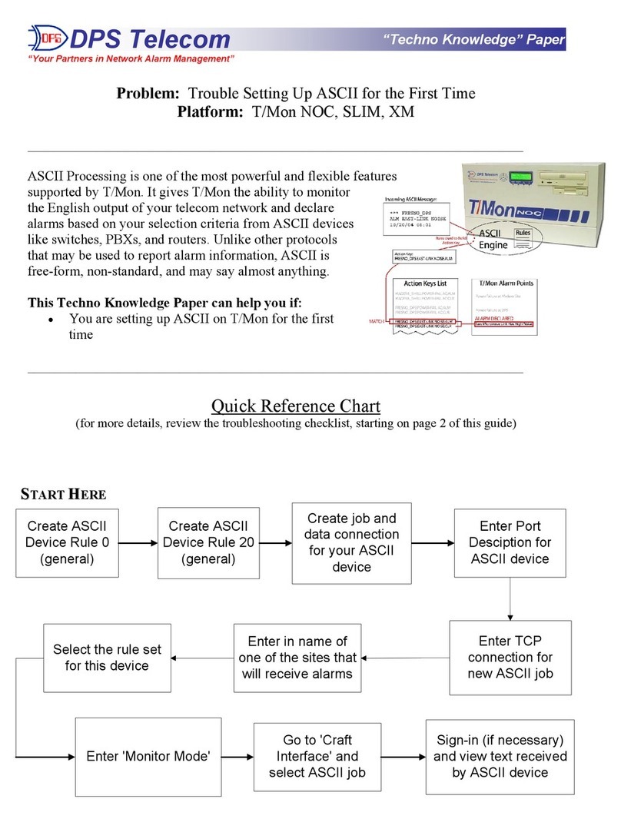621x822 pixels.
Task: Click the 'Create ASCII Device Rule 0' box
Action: tap(68, 542)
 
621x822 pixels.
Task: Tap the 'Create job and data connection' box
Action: tap(351, 542)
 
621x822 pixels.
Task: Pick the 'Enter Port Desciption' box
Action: tap(510, 542)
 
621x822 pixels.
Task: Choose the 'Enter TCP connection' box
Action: tap(510, 657)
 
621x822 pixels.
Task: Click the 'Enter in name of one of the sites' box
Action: tap(297, 657)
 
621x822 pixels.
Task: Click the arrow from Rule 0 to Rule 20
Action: tap(139, 542)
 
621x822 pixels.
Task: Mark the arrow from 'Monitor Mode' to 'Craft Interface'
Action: tap(238, 756)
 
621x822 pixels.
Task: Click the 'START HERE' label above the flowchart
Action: tap(62, 493)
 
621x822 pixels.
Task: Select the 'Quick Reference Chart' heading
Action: tap(296, 405)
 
